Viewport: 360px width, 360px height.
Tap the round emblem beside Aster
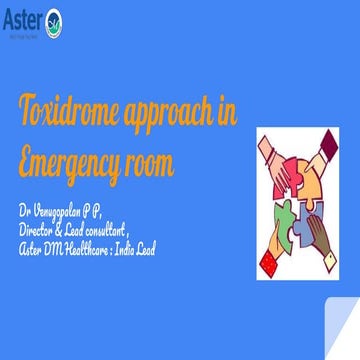click(x=54, y=19)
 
